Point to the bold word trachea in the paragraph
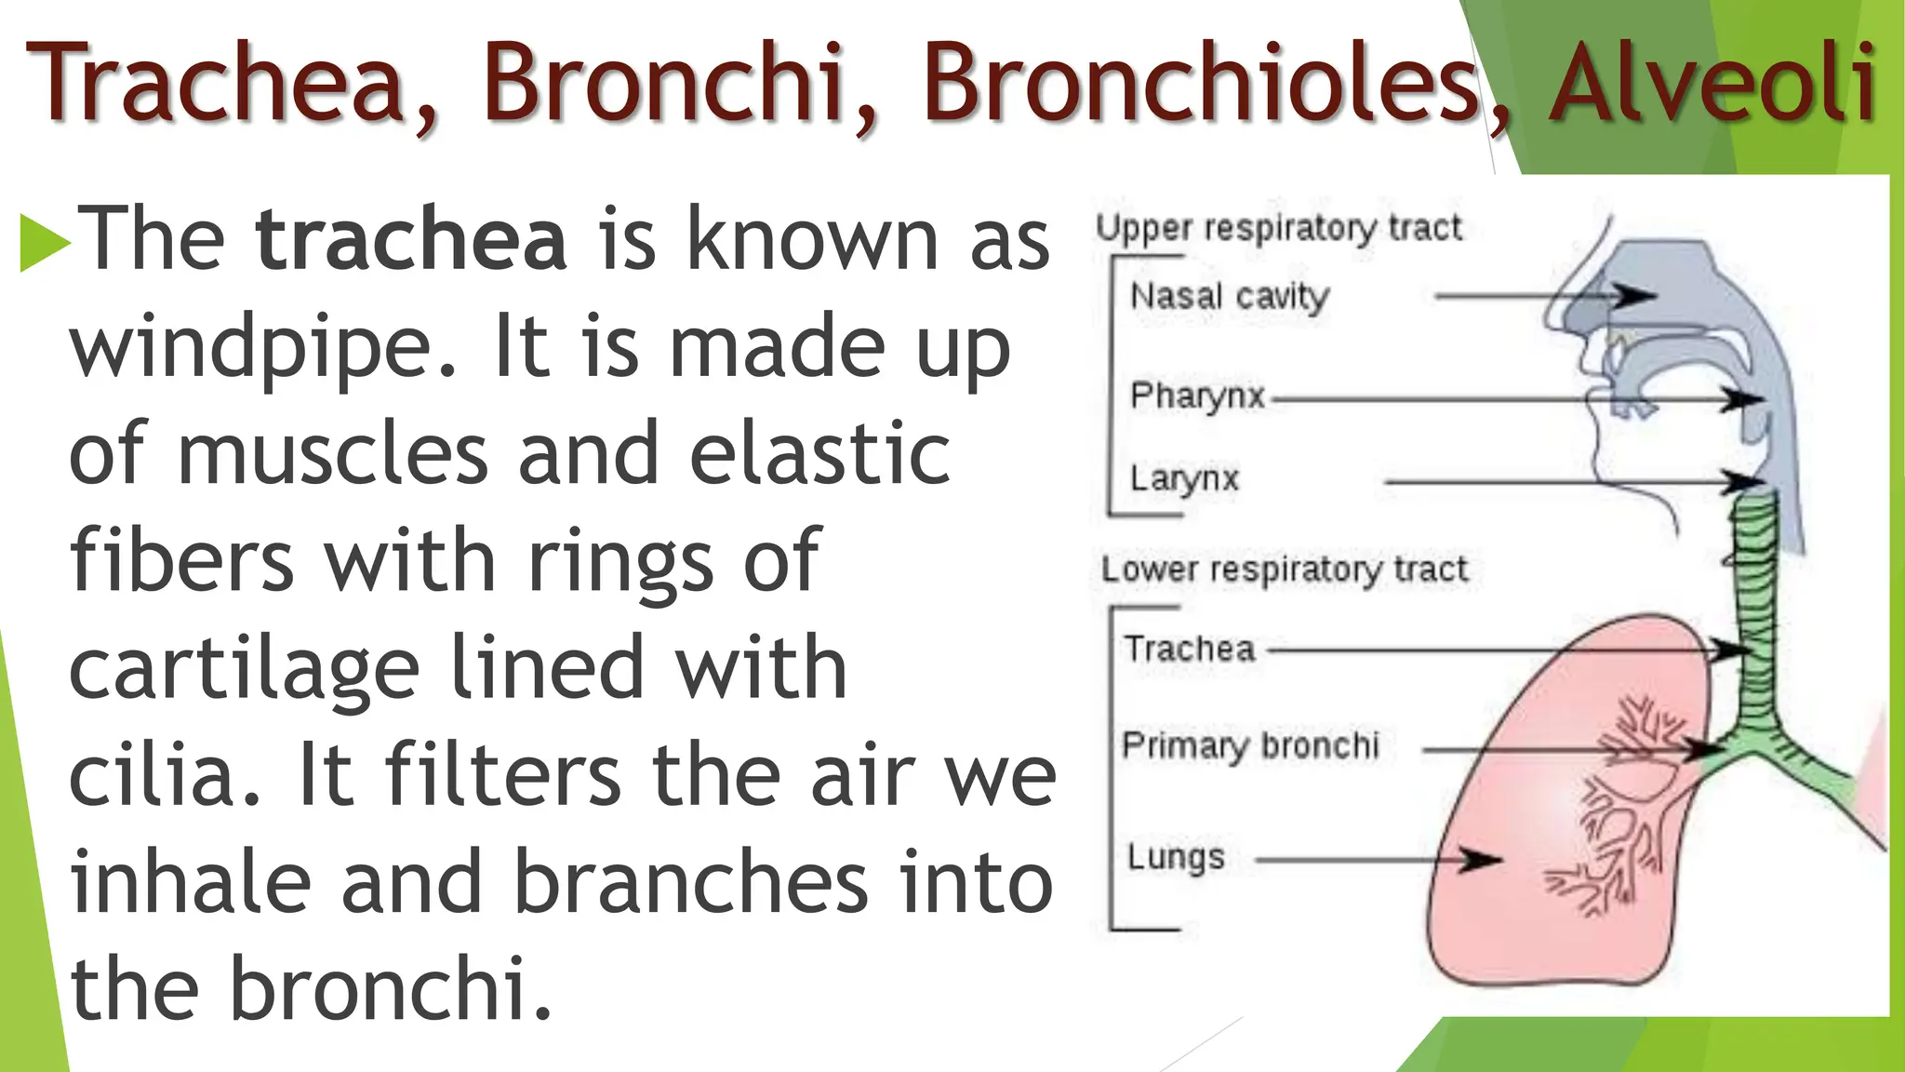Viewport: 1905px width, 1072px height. coord(411,240)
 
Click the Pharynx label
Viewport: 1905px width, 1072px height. coord(1197,396)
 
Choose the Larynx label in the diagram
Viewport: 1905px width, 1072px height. coord(1184,479)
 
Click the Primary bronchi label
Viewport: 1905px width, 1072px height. coord(1250,745)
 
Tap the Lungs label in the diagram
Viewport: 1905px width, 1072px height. coord(1176,857)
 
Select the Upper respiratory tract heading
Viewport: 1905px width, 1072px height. coord(1279,228)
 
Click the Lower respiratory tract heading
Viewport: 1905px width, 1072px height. coord(1284,569)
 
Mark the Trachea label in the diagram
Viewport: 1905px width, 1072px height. coord(1190,649)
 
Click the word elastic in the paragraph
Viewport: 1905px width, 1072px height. coord(819,456)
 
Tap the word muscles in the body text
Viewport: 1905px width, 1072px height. coord(332,456)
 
